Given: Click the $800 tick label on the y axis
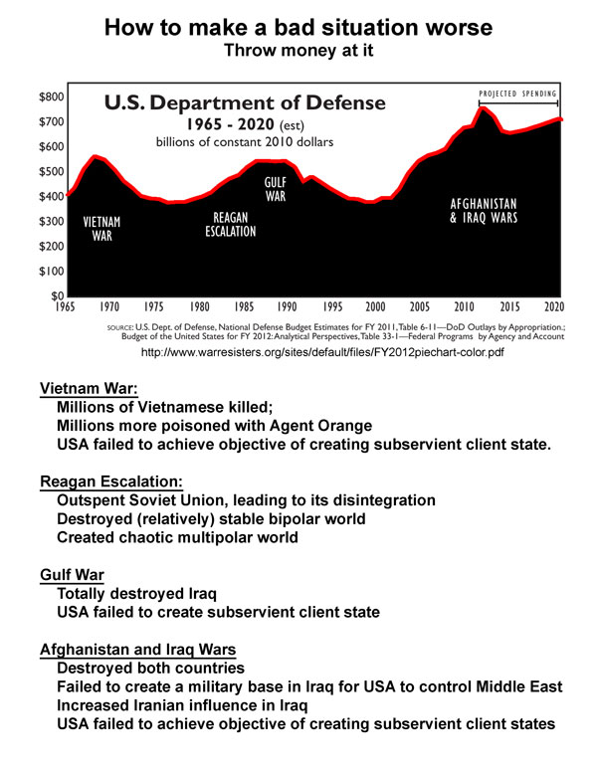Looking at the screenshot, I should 52,97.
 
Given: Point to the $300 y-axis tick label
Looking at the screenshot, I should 52,222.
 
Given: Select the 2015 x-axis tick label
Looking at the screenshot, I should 510,307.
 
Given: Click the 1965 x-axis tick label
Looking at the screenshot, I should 67,307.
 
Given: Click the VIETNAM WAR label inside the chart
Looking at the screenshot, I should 101,230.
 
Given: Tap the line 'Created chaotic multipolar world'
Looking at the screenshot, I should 178,537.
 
